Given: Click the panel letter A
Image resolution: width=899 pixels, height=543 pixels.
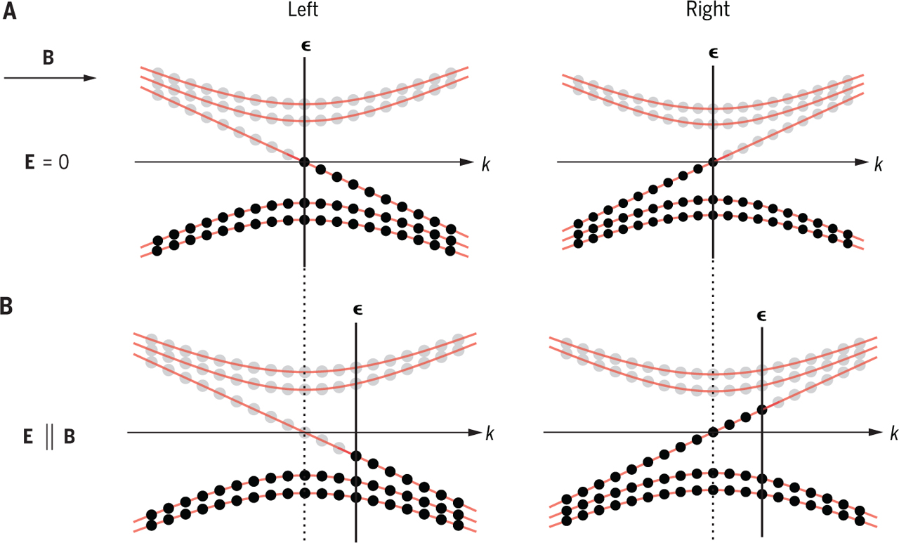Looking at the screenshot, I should pyautogui.click(x=10, y=13).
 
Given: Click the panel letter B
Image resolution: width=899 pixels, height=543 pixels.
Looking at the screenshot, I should pyautogui.click(x=10, y=308).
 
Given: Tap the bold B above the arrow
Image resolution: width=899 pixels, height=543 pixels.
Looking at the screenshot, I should pyautogui.click(x=48, y=58).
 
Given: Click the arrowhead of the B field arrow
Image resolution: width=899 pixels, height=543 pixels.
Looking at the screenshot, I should pyautogui.click(x=90, y=77).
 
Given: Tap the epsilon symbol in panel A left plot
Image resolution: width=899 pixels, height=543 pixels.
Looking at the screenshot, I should pyautogui.click(x=304, y=46).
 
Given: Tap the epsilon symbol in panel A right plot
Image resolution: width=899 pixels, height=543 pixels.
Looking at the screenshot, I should pyautogui.click(x=714, y=52).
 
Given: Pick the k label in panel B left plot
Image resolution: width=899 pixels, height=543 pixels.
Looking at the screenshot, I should pyautogui.click(x=490, y=433).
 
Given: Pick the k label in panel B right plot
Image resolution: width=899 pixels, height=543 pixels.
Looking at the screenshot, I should pyautogui.click(x=893, y=433).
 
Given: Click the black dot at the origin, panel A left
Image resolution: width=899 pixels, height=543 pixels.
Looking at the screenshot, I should pyautogui.click(x=304, y=162).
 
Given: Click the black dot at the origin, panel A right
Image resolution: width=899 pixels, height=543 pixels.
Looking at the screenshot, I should pyautogui.click(x=714, y=162).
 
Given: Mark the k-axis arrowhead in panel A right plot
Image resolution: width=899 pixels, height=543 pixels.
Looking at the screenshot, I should pyautogui.click(x=864, y=162).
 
